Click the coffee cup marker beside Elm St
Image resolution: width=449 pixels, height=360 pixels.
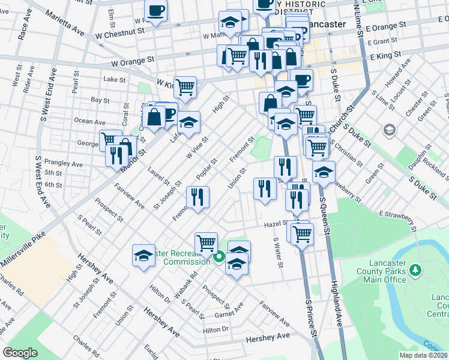tap(156, 10)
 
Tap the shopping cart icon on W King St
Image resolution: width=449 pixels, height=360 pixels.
tap(185, 86)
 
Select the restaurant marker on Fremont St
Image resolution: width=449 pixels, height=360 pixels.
tap(197, 197)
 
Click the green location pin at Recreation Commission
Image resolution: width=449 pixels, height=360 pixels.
tap(219, 257)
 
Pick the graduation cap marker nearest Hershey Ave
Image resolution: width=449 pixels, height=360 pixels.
tap(143, 256)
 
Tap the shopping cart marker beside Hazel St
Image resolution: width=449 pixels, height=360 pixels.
tap(301, 232)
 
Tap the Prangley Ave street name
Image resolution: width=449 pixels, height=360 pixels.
tap(67, 164)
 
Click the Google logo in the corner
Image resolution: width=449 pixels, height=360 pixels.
tap(20, 353)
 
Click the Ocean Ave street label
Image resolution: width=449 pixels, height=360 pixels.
tap(90, 121)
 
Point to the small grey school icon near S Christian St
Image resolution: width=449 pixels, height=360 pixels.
tap(390, 130)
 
